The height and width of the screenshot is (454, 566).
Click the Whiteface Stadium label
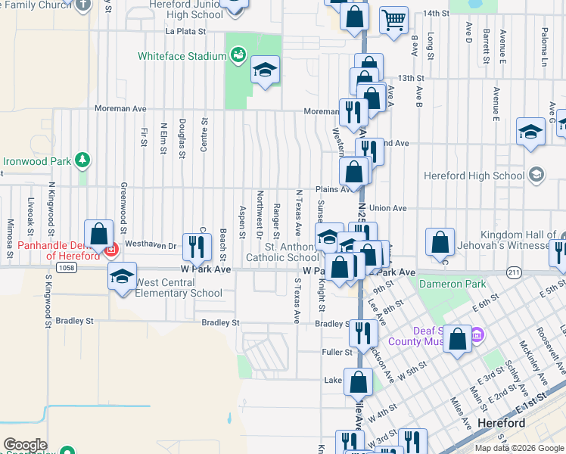click(x=182, y=56)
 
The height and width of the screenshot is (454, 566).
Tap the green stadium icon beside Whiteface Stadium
click(x=238, y=54)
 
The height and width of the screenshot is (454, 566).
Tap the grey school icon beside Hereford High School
click(x=536, y=176)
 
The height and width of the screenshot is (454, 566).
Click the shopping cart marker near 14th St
click(x=393, y=20)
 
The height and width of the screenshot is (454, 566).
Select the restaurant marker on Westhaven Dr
click(x=197, y=246)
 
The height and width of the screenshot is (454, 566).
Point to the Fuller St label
click(x=337, y=352)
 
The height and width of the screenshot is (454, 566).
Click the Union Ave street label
click(x=388, y=208)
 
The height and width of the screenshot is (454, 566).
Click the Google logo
click(x=26, y=445)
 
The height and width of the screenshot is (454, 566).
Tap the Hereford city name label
click(x=502, y=424)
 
